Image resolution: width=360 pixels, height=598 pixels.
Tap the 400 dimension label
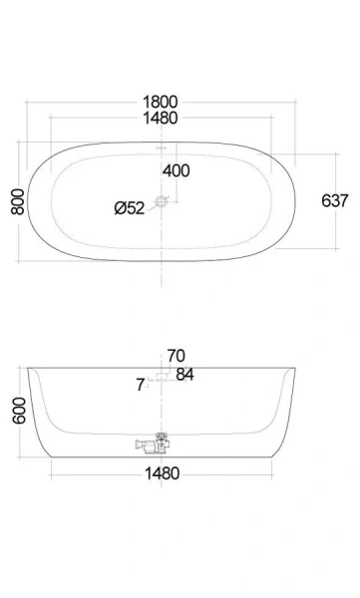176,170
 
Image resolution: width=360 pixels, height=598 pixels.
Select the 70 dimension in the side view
177,355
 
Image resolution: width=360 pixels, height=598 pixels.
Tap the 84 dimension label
184,374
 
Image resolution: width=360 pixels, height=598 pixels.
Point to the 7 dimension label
140,382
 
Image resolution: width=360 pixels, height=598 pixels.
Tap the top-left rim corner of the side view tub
30,368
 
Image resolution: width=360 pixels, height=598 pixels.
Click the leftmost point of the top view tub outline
28,201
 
